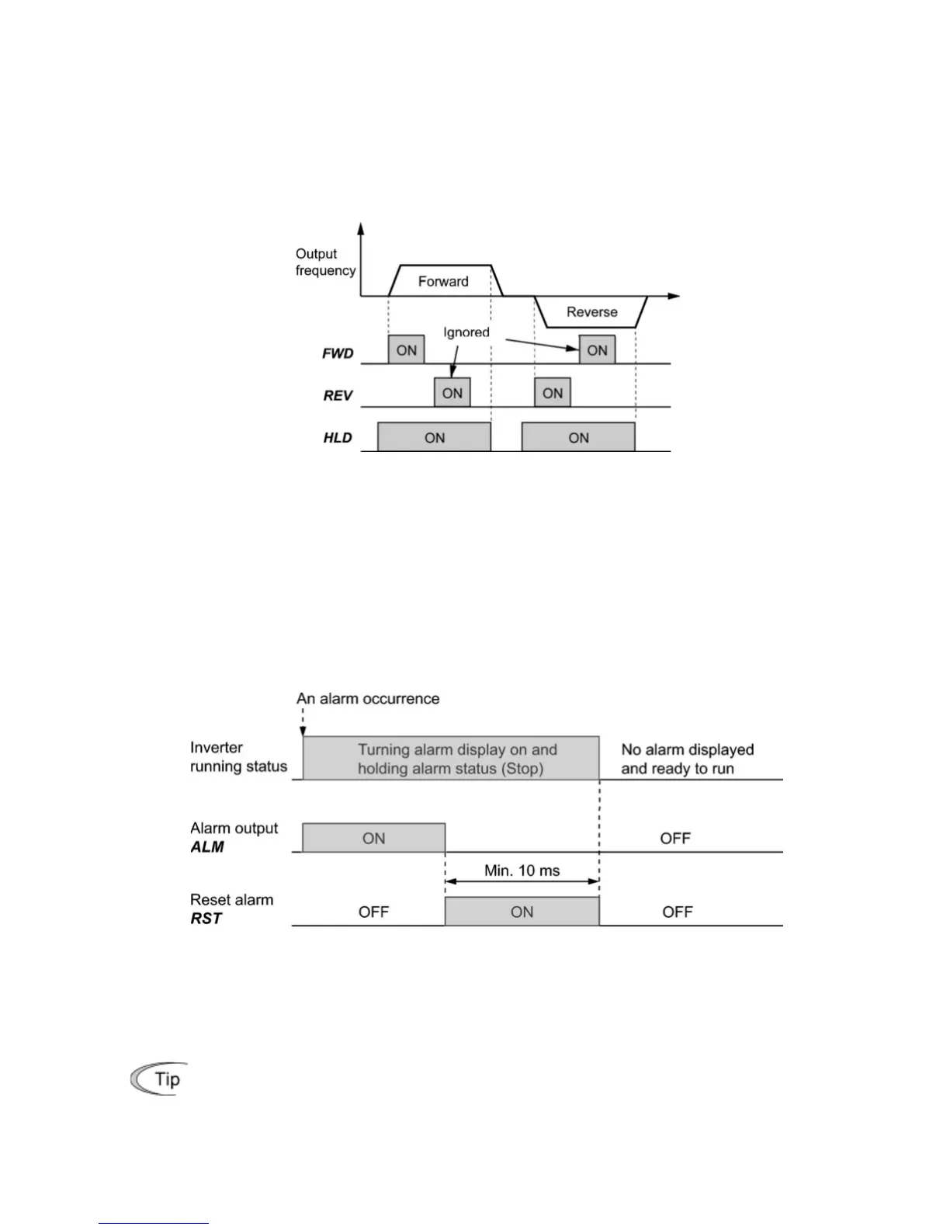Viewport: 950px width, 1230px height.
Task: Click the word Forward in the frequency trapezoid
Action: pos(443,281)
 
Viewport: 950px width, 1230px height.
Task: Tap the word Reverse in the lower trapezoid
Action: pos(591,312)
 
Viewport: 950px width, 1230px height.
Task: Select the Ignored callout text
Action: pos(466,332)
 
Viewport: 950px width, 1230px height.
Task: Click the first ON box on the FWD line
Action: pos(406,350)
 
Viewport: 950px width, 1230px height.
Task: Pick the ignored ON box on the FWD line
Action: pos(597,350)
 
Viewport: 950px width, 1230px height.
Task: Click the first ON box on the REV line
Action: pos(452,393)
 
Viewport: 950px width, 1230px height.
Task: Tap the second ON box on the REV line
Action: pos(553,393)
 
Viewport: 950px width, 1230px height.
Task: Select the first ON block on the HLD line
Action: pos(434,437)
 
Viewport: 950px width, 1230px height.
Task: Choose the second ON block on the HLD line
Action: pos(578,437)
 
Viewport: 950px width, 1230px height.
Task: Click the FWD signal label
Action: pos(338,353)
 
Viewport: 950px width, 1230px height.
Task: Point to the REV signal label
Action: pos(338,396)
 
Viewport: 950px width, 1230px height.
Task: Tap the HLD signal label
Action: pos(338,438)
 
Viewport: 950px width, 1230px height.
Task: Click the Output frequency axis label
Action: pos(325,262)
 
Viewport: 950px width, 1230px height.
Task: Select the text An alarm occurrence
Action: pos(368,699)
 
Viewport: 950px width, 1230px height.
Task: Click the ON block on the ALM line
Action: pos(373,838)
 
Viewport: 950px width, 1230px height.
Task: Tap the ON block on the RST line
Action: pos(522,912)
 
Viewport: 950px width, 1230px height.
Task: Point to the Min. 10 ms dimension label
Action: pos(522,870)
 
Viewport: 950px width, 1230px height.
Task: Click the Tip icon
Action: pos(159,1079)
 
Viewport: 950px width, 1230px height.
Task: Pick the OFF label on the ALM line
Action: pos(674,839)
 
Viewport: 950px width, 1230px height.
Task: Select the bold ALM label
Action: pos(207,847)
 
